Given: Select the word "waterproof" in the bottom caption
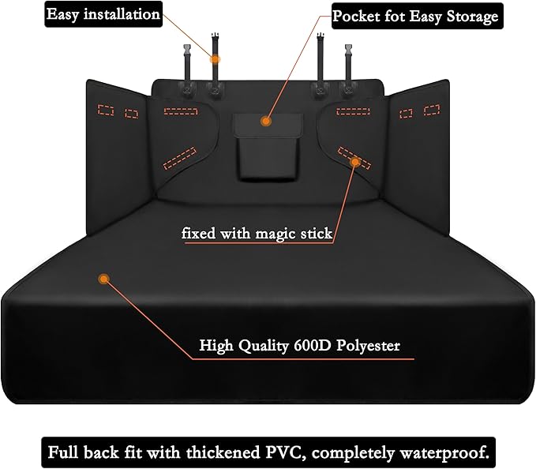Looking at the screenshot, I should pos(443,452).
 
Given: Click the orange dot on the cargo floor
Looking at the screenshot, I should pos(103,278).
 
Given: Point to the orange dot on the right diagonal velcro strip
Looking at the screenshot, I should pos(355,162).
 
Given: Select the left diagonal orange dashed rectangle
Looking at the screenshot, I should pos(179,157).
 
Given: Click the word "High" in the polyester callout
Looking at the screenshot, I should pos(216,345).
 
